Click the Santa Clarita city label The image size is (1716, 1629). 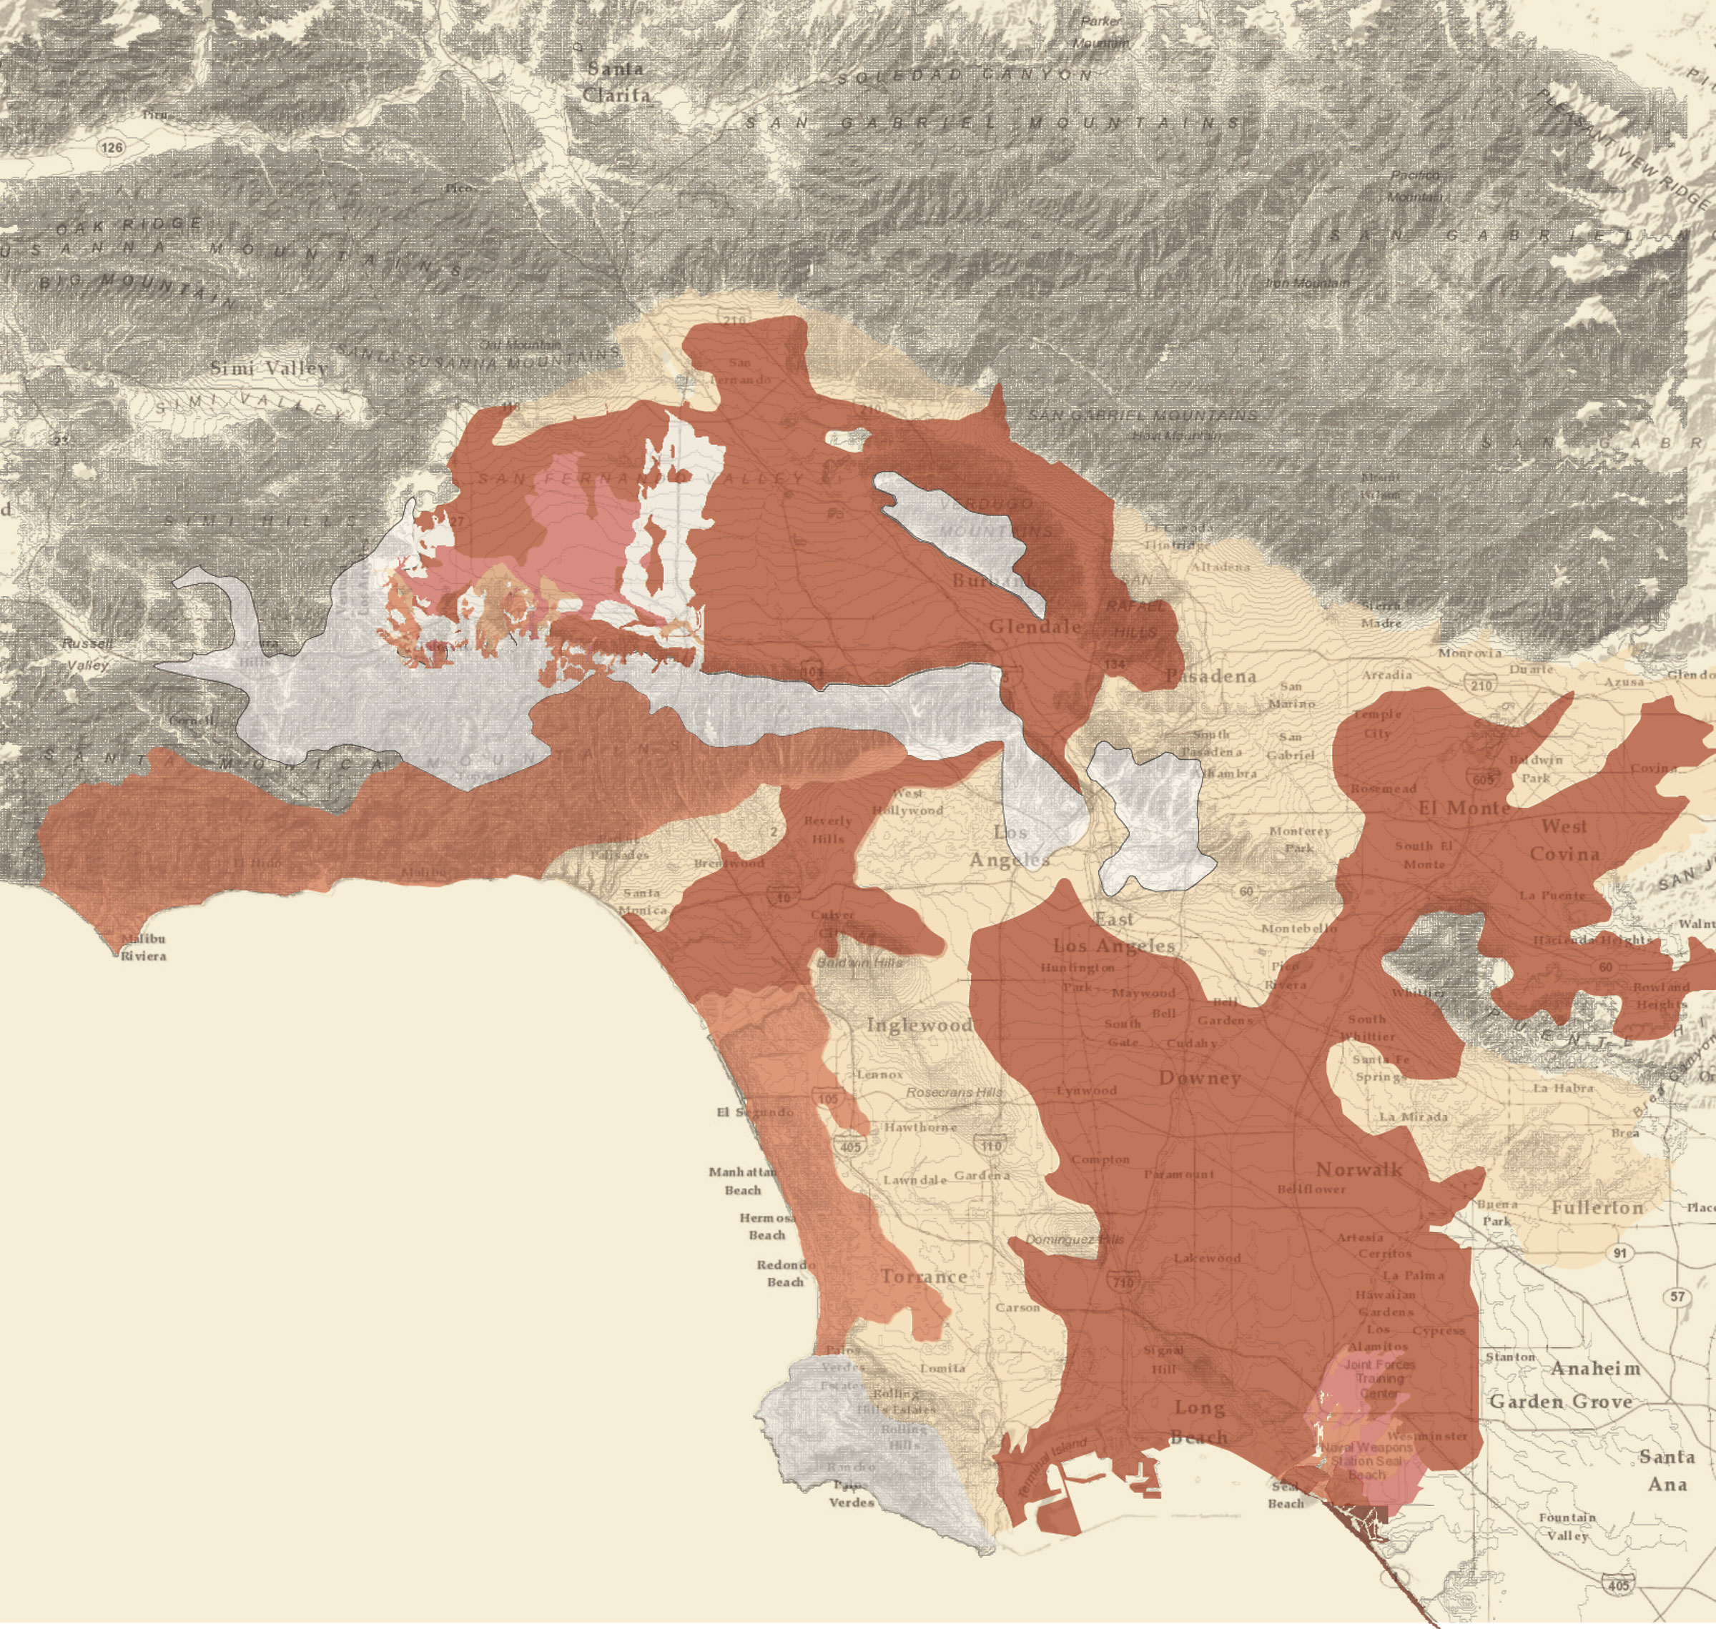point(616,82)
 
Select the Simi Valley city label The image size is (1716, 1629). point(270,368)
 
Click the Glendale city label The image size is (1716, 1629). point(1035,626)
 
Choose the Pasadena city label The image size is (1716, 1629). point(1210,675)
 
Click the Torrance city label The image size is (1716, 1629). point(923,1277)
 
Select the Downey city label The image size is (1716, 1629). point(1199,1078)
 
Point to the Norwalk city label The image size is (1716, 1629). point(1359,1169)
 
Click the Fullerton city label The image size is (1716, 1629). point(1597,1208)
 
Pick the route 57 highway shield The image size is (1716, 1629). point(1677,1297)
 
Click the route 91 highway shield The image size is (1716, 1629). point(1619,1252)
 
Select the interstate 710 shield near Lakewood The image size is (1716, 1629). point(1123,1282)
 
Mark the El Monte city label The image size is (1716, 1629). point(1464,808)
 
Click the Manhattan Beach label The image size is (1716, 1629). point(742,1181)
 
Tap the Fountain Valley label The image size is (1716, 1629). point(1567,1525)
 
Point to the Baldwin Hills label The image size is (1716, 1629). point(859,962)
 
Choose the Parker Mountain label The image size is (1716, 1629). point(1101,31)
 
